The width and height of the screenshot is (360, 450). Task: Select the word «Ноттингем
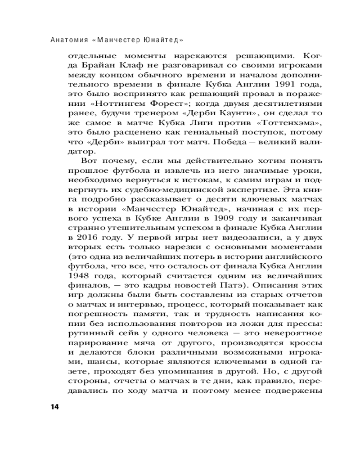coord(106,105)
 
